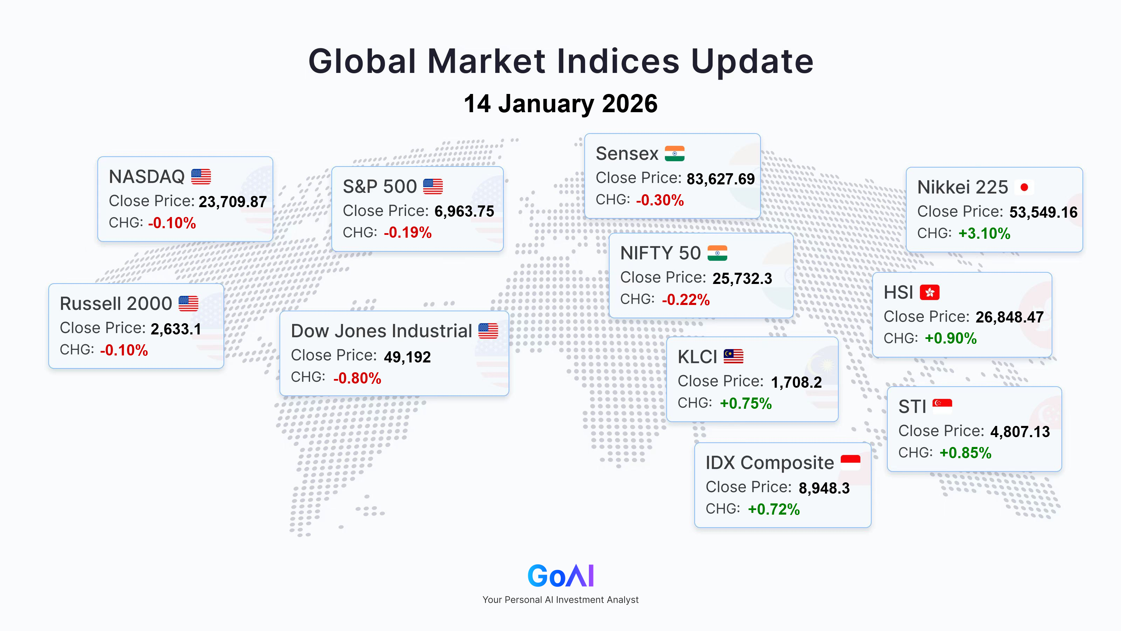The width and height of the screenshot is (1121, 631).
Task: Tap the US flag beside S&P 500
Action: (x=433, y=186)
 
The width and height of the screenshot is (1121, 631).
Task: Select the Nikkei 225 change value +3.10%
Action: (x=984, y=233)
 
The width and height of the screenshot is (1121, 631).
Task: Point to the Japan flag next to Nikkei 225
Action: (x=1024, y=187)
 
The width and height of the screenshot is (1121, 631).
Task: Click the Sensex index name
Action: (x=627, y=154)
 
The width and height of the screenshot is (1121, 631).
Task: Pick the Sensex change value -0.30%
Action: (x=660, y=200)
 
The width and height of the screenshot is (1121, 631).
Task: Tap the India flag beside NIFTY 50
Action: (x=717, y=253)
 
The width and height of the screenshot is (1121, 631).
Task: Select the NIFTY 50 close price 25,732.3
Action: (x=742, y=279)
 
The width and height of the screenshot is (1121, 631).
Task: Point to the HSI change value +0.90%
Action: (x=951, y=338)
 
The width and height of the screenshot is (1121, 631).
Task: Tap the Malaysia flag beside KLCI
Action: (x=733, y=356)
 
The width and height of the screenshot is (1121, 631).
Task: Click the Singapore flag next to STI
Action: (x=942, y=406)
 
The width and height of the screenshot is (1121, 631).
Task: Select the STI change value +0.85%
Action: (x=965, y=453)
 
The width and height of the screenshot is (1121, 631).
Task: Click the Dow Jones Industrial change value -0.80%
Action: (x=357, y=378)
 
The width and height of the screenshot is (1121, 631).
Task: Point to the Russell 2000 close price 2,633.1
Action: (x=176, y=329)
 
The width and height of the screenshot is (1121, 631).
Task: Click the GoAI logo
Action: (x=560, y=576)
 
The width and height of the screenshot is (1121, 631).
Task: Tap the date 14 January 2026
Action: (x=560, y=104)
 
